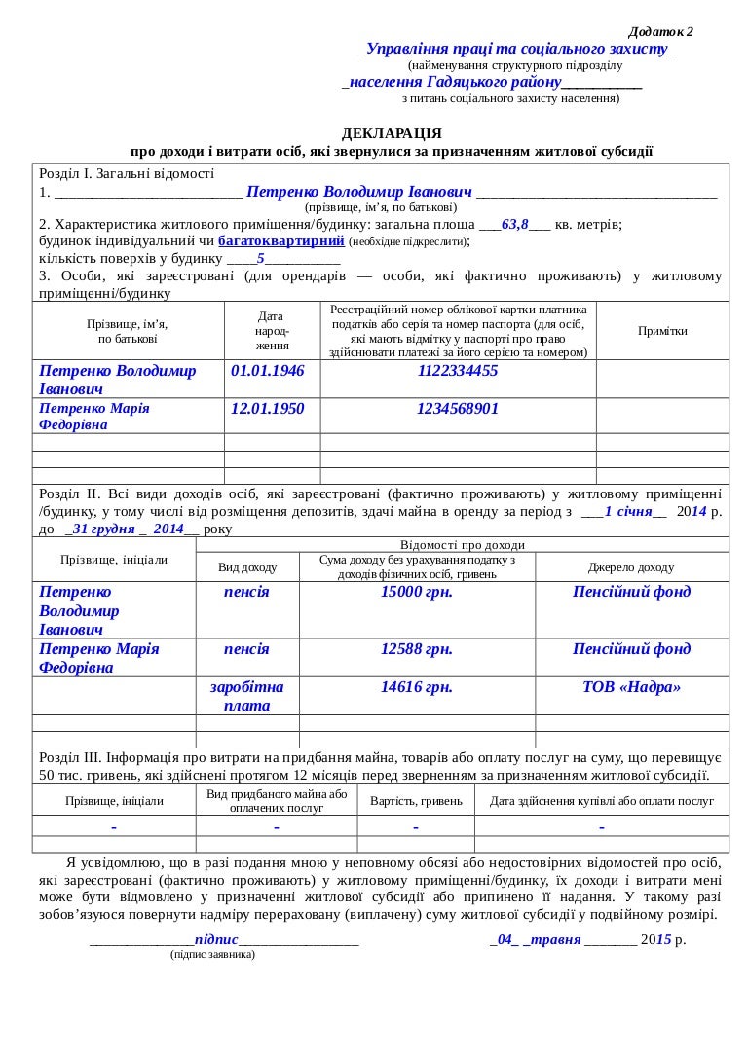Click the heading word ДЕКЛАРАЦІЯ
(x=392, y=133)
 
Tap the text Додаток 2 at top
(x=661, y=32)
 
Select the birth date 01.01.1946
(x=268, y=371)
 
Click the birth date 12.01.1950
(x=268, y=409)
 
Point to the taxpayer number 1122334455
(x=458, y=371)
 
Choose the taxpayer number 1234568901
(x=458, y=409)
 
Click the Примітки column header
(x=662, y=331)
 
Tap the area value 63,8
(x=515, y=224)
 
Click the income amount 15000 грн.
(x=417, y=592)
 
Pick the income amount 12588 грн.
(x=417, y=649)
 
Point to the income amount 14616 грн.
(x=417, y=687)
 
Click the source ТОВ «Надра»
(x=631, y=687)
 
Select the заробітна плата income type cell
(x=247, y=696)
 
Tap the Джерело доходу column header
(x=631, y=567)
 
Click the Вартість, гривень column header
(x=416, y=801)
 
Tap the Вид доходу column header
(x=247, y=567)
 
